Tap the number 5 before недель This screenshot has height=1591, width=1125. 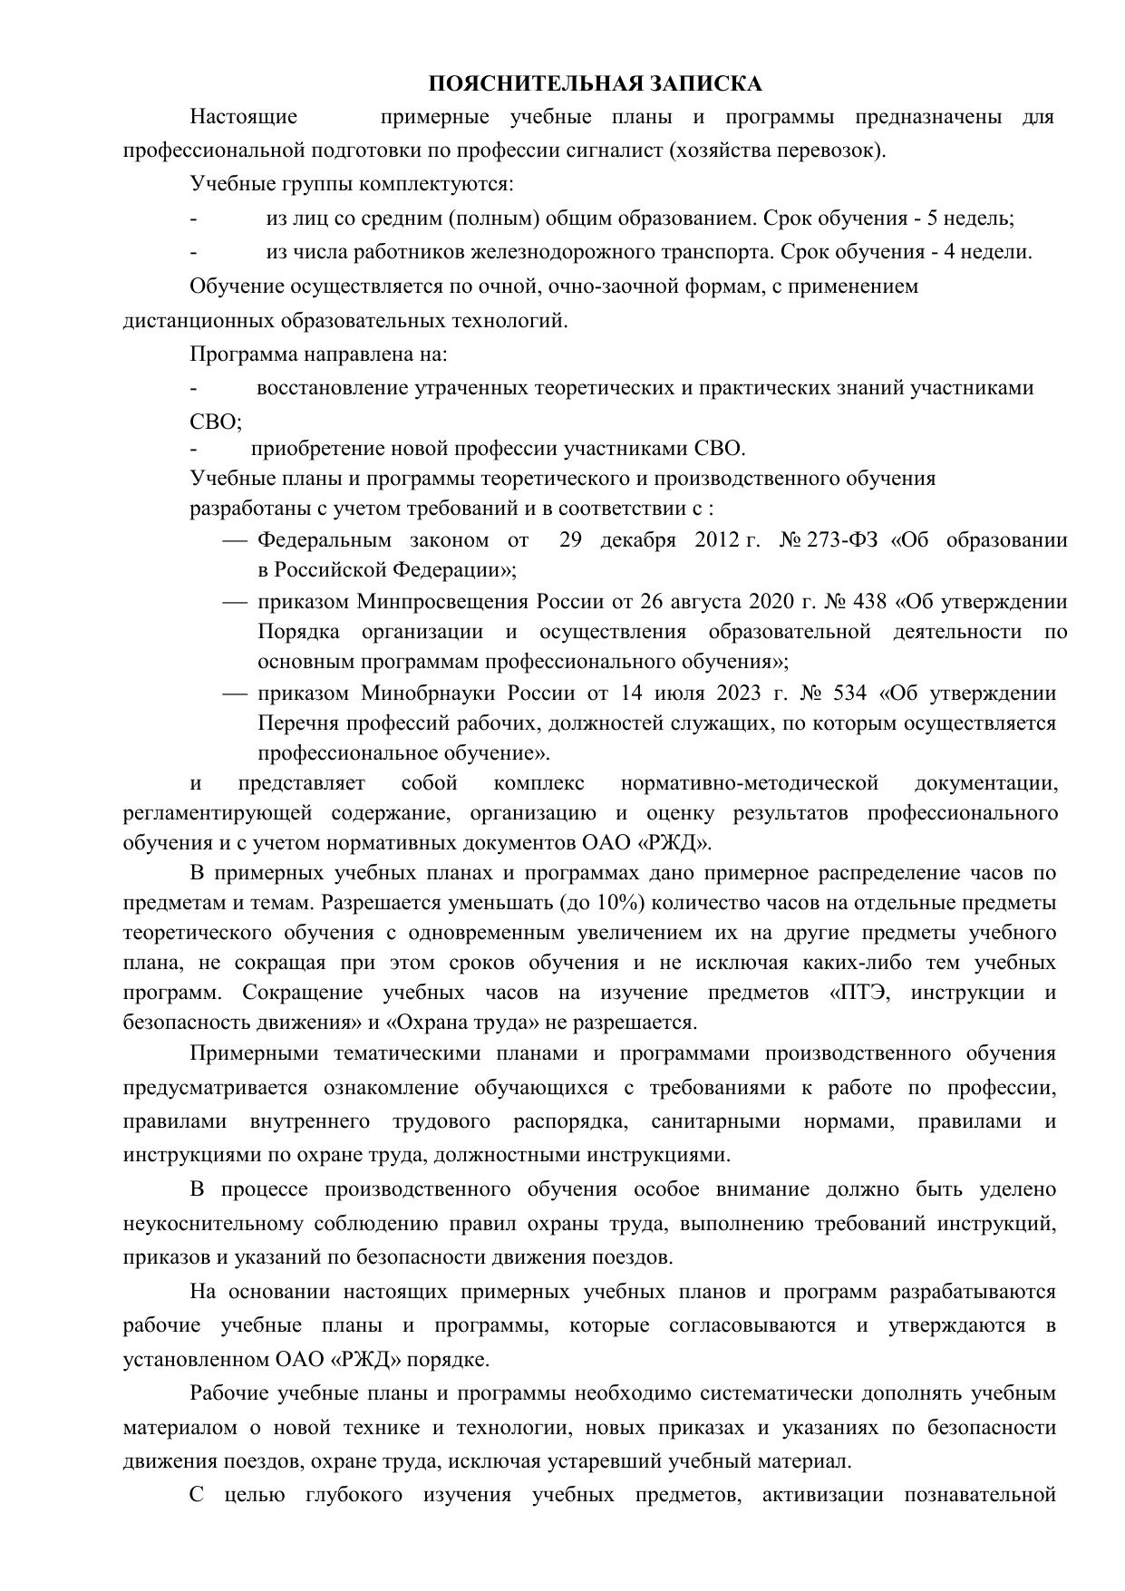point(940,218)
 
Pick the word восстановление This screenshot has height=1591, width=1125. point(332,388)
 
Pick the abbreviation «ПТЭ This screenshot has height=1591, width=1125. point(858,993)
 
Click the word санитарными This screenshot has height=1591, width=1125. point(715,1121)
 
